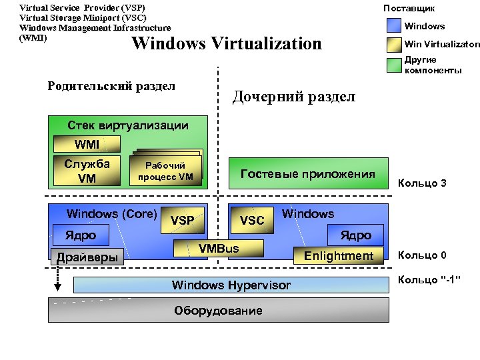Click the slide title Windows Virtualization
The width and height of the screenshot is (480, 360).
coord(227,44)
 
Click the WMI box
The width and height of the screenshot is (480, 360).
coord(87,144)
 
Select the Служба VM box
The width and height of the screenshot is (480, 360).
coord(87,171)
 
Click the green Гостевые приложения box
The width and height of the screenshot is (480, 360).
coord(308,175)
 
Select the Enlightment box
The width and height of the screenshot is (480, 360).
coord(339,256)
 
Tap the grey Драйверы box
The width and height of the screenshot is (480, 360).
coord(88,257)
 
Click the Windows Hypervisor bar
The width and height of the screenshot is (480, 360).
coord(231,285)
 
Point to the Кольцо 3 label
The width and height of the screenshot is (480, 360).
coord(422,183)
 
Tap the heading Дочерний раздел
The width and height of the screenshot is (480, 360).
coord(293,97)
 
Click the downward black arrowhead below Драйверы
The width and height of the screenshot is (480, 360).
coord(58,287)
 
